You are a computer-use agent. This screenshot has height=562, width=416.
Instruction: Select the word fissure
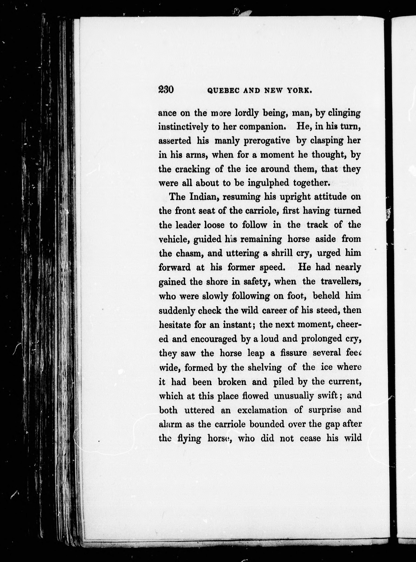click(x=293, y=353)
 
